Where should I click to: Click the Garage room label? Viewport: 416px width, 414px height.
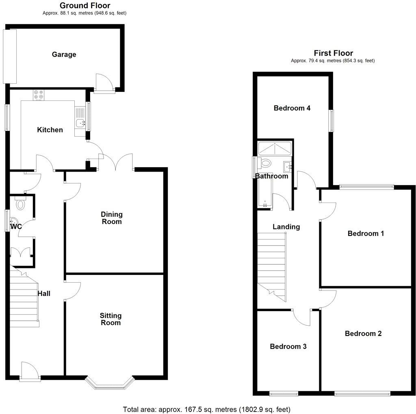pyautogui.click(x=64, y=54)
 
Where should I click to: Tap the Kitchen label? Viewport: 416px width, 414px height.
pyautogui.click(x=50, y=130)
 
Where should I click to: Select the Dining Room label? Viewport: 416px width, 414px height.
pyautogui.click(x=112, y=218)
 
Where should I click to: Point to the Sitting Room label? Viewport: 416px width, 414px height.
pyautogui.click(x=111, y=319)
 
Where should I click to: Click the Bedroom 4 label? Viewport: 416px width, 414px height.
pyautogui.click(x=292, y=108)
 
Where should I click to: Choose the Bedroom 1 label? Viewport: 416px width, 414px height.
pyautogui.click(x=366, y=233)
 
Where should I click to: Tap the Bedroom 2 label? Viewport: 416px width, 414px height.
pyautogui.click(x=363, y=333)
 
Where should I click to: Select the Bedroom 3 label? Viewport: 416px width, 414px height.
pyautogui.click(x=288, y=346)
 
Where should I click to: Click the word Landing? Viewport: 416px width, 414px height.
pyautogui.click(x=286, y=227)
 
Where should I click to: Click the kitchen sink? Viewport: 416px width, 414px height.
pyautogui.click(x=80, y=122)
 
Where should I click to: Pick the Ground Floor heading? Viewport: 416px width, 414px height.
pyautogui.click(x=85, y=6)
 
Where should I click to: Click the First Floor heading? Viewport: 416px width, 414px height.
pyautogui.click(x=333, y=53)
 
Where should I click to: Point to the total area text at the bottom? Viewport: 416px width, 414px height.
pyautogui.click(x=206, y=409)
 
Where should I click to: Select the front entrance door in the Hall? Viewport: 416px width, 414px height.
pyautogui.click(x=30, y=372)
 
